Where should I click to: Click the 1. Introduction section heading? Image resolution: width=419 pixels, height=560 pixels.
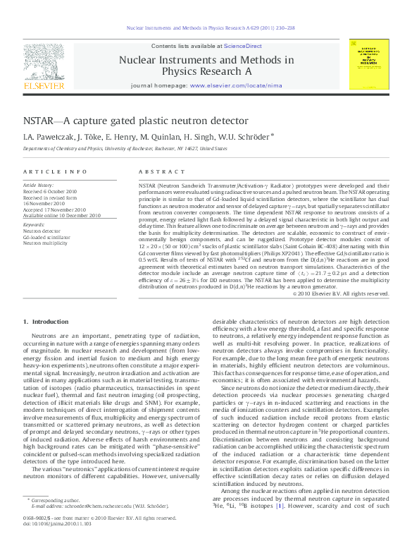(x=45, y=322)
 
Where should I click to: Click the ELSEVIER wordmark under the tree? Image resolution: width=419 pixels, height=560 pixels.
(x=43, y=85)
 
